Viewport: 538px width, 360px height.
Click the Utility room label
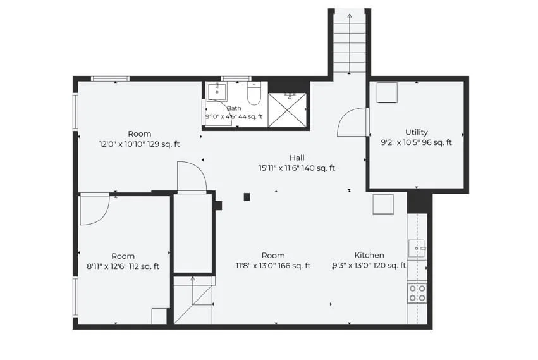coord(416,132)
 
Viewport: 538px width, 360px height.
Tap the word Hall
coord(297,158)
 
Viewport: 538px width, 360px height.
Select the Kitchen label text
coord(369,255)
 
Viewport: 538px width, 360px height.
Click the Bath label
coord(234,108)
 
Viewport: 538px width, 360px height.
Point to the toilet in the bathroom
coord(254,94)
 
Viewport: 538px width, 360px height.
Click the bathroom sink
coord(217,90)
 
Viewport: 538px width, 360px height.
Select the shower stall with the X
coord(287,110)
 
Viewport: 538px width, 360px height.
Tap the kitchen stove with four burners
coord(417,294)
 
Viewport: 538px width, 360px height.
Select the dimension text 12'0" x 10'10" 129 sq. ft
coord(139,144)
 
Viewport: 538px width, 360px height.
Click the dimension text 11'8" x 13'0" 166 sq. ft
coord(273,266)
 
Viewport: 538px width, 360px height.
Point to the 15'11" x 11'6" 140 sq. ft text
coord(297,168)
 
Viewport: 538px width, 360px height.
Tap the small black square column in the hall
coord(247,197)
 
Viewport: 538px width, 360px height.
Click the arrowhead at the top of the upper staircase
coord(349,15)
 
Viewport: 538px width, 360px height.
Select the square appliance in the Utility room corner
coord(387,92)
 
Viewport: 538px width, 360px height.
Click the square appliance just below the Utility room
coord(383,204)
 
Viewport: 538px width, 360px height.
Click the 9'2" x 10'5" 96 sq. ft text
coord(416,142)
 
